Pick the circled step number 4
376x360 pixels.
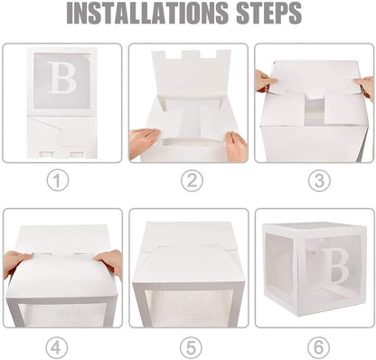pos(59,347)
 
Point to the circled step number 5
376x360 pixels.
pos(191,347)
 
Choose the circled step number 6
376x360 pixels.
pos(319,347)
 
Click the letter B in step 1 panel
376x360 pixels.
pos(61,79)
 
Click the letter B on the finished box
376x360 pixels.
pos(336,265)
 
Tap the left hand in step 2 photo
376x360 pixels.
pos(144,141)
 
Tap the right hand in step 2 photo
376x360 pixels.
pos(237,145)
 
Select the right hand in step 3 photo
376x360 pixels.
pos(364,87)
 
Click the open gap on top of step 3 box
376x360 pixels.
pos(314,109)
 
